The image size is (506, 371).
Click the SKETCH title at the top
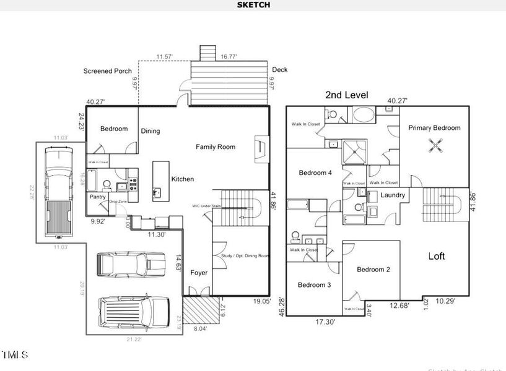coord(253,4)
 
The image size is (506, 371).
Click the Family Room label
coord(216,147)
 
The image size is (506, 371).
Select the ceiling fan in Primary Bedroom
coord(438,145)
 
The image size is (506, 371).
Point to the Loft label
coord(437,256)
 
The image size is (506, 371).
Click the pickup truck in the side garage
coord(58,192)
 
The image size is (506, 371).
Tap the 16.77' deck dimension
coord(230,56)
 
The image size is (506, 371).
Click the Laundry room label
coord(393,195)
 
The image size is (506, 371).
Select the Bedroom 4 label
coord(315,173)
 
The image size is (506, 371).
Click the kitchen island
coord(161,181)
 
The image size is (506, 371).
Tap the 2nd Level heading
coord(347,95)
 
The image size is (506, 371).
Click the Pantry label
coord(98,197)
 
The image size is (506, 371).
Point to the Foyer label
coord(199,273)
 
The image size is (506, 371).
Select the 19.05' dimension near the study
coord(261,302)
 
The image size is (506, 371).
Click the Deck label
coord(279,70)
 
